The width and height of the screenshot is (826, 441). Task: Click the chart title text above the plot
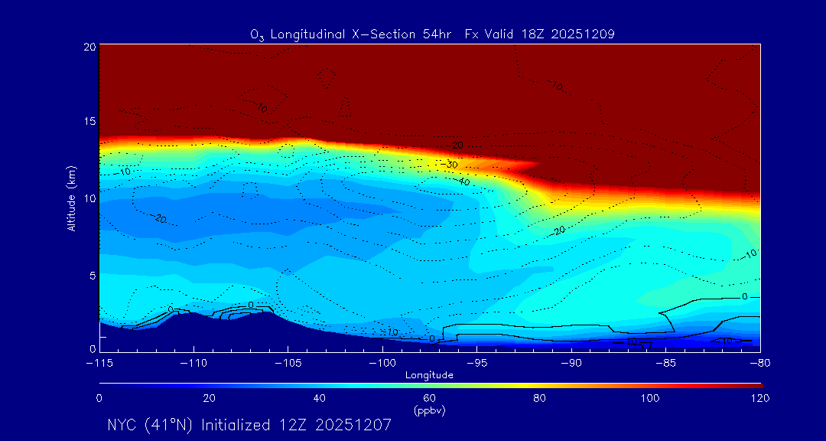432,34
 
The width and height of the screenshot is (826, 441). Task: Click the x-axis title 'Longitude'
429,375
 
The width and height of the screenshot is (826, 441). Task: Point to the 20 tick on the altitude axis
88,47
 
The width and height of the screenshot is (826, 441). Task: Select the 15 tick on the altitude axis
88,122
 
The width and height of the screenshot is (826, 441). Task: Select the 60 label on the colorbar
429,398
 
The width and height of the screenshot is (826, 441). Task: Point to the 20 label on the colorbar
209,398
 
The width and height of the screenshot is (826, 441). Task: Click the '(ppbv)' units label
429,410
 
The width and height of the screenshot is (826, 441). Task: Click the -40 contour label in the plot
463,182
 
